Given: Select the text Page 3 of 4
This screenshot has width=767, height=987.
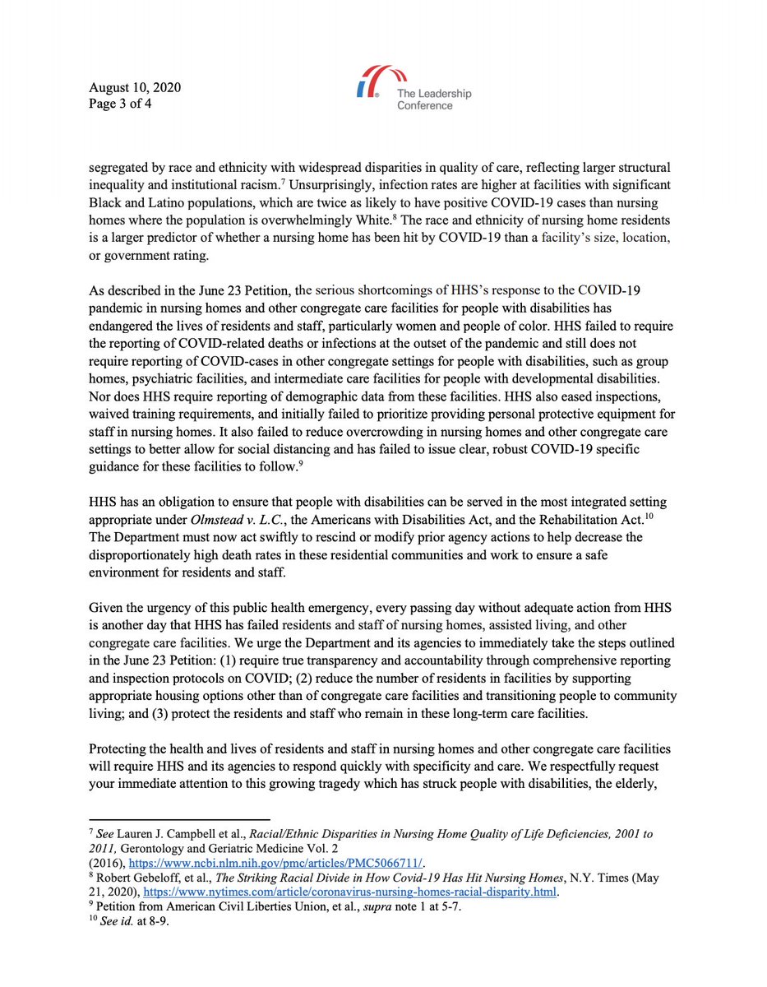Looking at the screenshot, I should (x=121, y=104).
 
